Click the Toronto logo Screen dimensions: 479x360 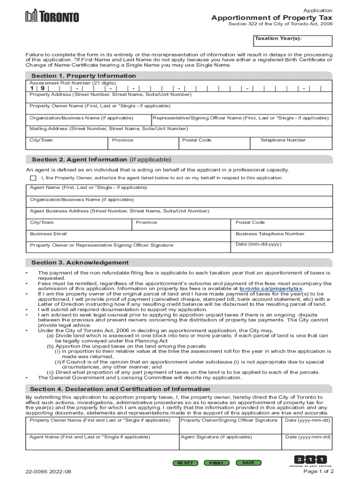point(52,16)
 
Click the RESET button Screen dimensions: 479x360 point(185,463)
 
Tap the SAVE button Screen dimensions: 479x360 point(248,463)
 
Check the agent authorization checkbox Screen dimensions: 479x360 point(33,178)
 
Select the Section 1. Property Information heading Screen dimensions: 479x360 point(83,76)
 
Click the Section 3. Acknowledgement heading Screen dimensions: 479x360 point(79,262)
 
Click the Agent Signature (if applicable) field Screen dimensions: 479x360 point(230,442)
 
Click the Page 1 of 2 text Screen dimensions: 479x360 point(318,471)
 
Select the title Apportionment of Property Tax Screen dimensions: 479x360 point(272,18)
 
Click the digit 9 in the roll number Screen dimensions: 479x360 point(43,88)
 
